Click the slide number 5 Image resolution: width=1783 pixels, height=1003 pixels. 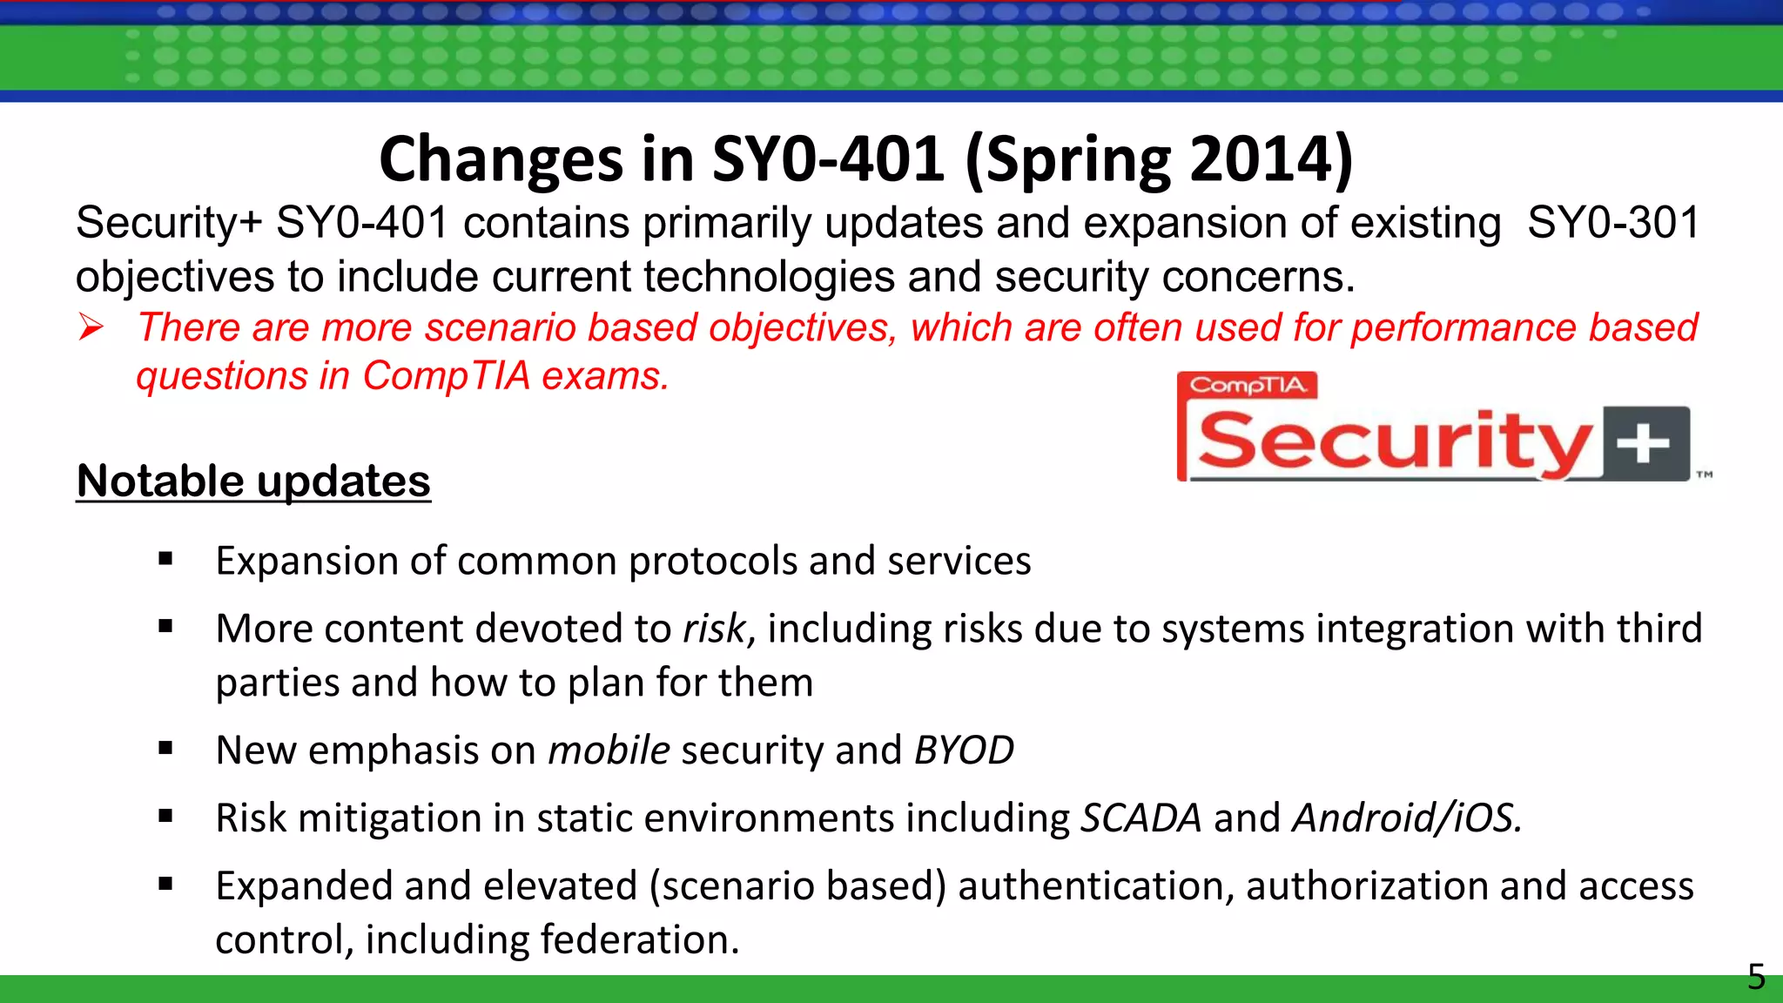[x=1756, y=977]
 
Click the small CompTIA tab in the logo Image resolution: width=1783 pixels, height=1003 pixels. [x=1248, y=385]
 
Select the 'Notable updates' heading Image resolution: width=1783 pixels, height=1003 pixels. [x=253, y=481]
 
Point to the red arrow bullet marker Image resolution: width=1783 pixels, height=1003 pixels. [x=91, y=327]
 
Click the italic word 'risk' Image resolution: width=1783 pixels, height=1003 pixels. [x=715, y=629]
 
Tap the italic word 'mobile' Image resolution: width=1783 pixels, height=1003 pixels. [x=609, y=751]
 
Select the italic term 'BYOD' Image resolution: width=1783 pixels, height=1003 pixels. [x=964, y=751]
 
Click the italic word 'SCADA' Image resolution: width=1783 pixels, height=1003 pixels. [x=1140, y=818]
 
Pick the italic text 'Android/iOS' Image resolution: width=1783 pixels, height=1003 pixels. [x=1405, y=818]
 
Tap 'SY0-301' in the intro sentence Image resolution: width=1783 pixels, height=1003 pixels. [x=1613, y=223]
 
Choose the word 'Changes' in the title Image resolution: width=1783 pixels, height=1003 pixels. [x=500, y=159]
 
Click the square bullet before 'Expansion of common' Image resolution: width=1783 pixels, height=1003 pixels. [x=165, y=559]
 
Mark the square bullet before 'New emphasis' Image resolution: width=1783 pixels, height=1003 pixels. [x=165, y=748]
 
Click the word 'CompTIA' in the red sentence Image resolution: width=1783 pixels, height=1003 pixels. [x=446, y=376]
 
